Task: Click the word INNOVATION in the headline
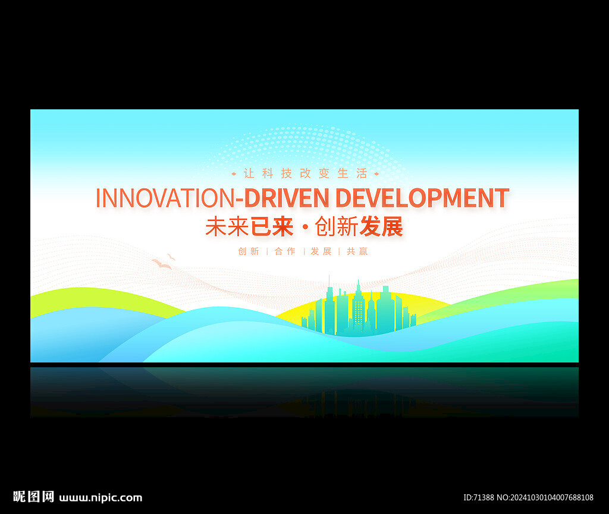(165, 198)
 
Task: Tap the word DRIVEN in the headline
(286, 198)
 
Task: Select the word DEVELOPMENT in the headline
(422, 198)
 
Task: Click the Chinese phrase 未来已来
(249, 226)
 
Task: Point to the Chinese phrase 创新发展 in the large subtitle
(359, 226)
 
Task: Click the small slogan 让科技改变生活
(305, 174)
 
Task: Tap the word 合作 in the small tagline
(285, 251)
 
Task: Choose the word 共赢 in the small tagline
(357, 251)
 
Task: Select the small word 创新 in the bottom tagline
(249, 251)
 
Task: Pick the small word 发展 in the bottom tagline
(321, 251)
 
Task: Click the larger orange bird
(162, 264)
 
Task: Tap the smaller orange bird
(171, 257)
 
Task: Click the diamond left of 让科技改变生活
(234, 174)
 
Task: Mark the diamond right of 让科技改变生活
(376, 174)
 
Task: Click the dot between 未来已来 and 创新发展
(304, 228)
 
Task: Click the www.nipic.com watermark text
(101, 498)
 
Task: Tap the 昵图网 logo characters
(33, 497)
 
